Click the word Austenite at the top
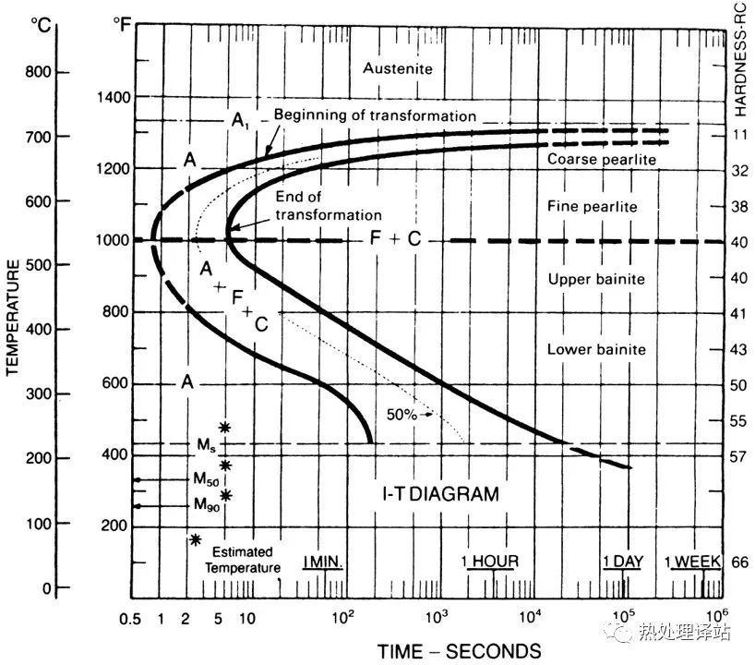tap(398, 68)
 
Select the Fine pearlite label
tap(593, 207)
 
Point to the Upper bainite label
tap(596, 279)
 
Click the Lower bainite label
tap(596, 350)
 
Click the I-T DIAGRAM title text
tap(440, 494)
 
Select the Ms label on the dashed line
tap(205, 444)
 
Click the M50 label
tap(206, 479)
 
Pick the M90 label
tap(206, 505)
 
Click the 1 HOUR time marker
tap(490, 562)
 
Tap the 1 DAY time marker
tap(622, 562)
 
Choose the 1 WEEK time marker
tap(695, 562)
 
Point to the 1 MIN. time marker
tap(323, 562)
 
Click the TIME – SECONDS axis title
tap(460, 649)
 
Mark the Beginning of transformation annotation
tap(375, 116)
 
